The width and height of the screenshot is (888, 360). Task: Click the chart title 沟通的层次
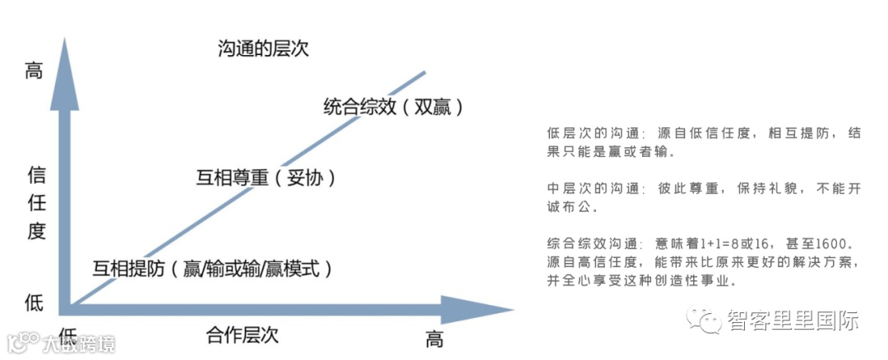click(263, 48)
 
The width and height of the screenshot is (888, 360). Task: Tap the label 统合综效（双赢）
click(394, 106)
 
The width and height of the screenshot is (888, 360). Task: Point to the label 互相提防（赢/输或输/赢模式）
click(212, 268)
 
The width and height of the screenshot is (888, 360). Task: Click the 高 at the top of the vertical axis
click(34, 71)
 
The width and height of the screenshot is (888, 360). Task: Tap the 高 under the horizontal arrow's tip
click(434, 338)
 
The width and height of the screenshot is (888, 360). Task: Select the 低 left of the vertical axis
click(34, 302)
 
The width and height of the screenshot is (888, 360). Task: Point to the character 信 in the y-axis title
click(35, 175)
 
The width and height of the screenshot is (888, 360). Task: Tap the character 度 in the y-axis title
click(35, 231)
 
